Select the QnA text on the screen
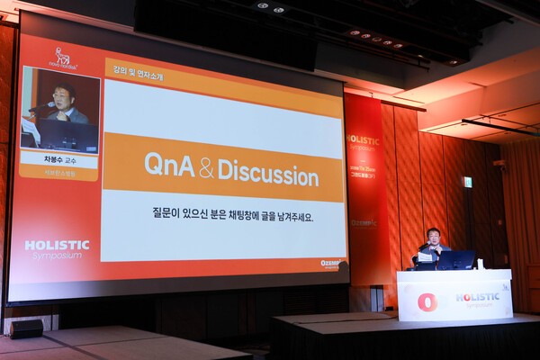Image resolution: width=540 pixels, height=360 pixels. click(169, 165)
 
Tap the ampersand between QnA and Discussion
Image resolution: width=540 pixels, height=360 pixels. click(206, 167)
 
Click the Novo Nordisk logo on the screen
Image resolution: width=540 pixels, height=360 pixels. click(63, 58)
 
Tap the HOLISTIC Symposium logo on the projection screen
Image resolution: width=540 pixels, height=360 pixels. click(57, 248)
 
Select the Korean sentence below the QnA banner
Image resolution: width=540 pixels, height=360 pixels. click(232, 217)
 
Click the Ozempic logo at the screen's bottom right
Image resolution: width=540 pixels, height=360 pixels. click(330, 264)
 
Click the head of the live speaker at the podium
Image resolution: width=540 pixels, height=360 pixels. click(433, 237)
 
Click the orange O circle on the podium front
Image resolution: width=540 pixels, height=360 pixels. click(427, 301)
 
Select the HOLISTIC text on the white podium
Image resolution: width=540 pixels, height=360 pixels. click(477, 297)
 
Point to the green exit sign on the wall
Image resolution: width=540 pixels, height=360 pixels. click(467, 182)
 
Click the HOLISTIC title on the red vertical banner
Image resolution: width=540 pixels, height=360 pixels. click(363, 140)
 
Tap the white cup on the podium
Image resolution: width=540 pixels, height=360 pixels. click(481, 264)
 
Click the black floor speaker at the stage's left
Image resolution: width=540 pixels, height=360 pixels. click(26, 328)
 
